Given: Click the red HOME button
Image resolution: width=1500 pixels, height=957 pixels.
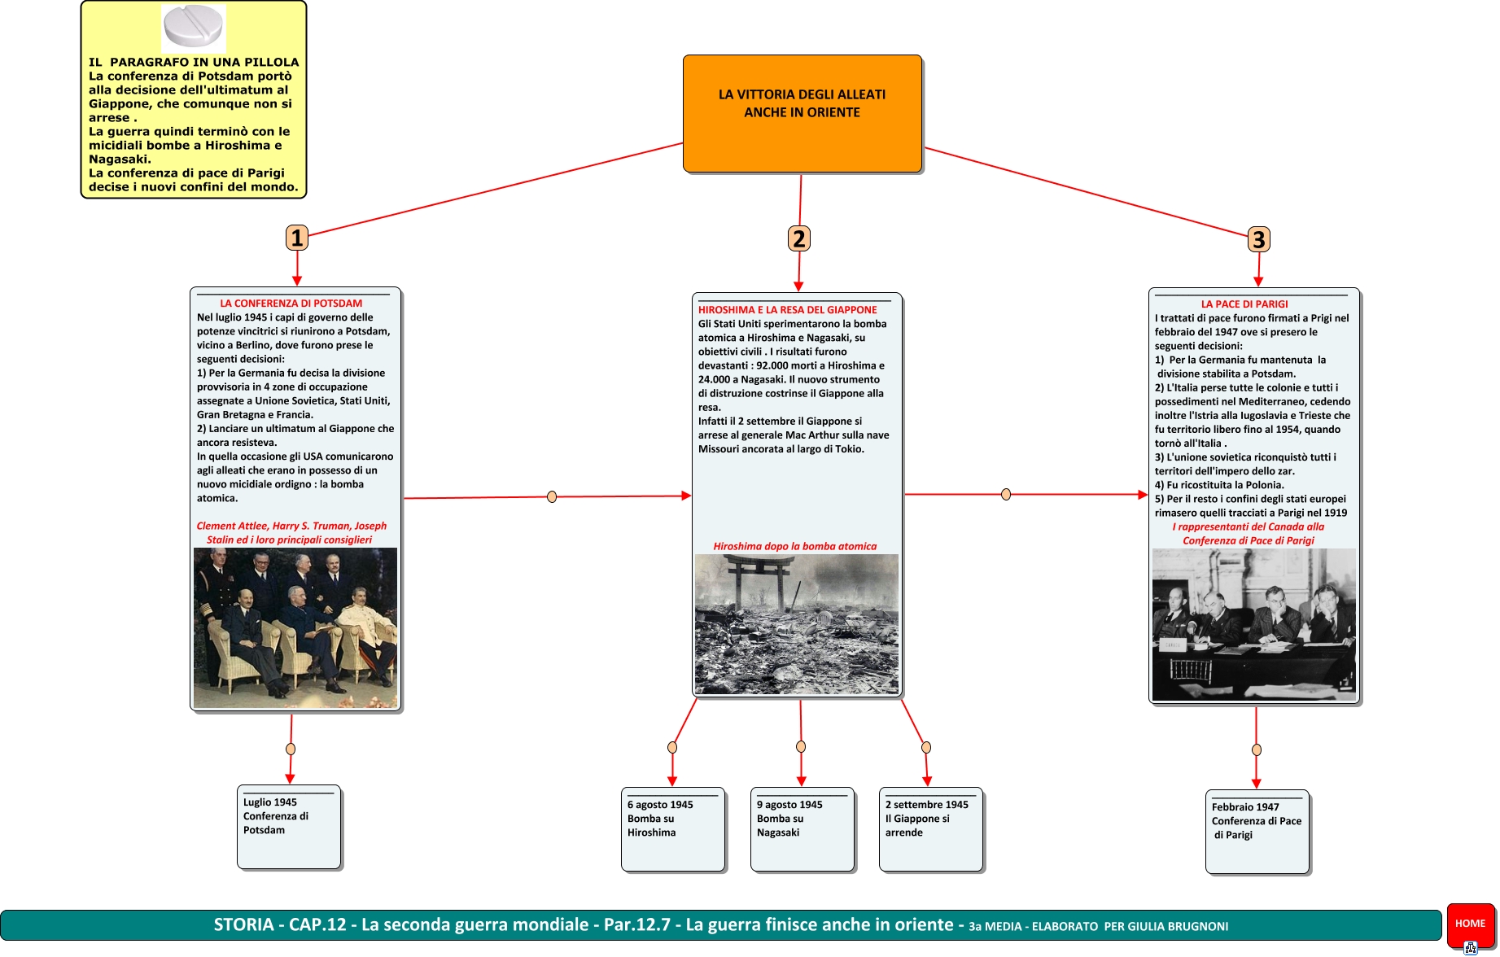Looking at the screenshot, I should pos(1470,924).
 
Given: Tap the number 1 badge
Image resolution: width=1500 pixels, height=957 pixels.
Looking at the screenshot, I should pos(297,238).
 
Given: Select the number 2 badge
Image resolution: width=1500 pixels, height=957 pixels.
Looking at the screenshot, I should pos(799,238).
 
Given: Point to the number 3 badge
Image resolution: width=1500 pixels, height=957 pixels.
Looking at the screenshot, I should pos(1258,239).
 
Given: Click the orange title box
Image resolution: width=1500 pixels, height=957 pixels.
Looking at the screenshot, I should pos(802,113).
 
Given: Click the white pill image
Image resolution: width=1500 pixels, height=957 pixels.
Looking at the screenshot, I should pos(193,26).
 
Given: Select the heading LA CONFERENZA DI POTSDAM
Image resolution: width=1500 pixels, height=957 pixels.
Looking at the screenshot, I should pos(291,304).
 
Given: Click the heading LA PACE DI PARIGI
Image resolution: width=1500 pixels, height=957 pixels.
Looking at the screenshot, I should pos(1244,304).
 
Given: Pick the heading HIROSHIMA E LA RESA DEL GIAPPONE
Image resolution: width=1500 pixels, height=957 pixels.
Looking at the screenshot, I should pos(787,310).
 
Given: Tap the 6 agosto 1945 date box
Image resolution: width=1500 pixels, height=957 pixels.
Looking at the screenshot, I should pos(672,828).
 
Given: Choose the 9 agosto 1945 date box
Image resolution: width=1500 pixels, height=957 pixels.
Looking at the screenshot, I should pos(802,828).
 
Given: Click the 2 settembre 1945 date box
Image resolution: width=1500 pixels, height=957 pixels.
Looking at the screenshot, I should pos(930,828).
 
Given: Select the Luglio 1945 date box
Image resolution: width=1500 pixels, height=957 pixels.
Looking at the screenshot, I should pos(288,826).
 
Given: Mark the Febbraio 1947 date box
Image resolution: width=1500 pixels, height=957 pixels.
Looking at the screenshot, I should pos(1257,831).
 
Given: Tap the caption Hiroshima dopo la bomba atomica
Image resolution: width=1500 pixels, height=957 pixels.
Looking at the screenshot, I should pos(794,547).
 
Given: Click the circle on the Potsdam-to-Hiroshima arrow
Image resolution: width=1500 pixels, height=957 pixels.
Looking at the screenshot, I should pos(552,496).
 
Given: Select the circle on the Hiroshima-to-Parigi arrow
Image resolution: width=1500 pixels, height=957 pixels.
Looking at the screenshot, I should pos(1006,494).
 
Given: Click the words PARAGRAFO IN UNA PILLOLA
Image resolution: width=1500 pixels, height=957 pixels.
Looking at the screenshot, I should pos(204,62).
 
